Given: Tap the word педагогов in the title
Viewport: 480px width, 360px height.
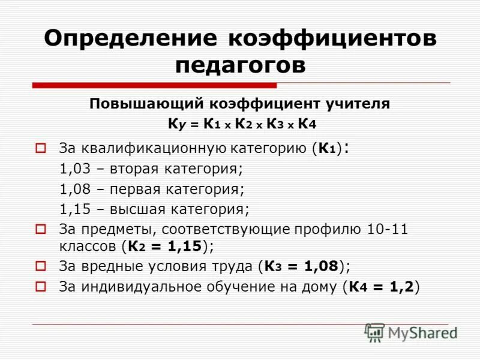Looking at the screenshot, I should tap(240, 65).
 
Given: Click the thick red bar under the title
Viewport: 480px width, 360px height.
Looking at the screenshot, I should tap(155, 86).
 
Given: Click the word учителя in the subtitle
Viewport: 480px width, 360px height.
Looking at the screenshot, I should tap(360, 104).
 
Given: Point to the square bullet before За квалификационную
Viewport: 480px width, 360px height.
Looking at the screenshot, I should tap(41, 147).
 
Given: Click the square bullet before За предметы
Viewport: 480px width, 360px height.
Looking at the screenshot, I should tap(41, 229).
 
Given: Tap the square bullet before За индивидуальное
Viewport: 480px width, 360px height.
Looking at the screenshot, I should tap(41, 286).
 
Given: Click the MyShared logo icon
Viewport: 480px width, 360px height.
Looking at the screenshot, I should tap(374, 332).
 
